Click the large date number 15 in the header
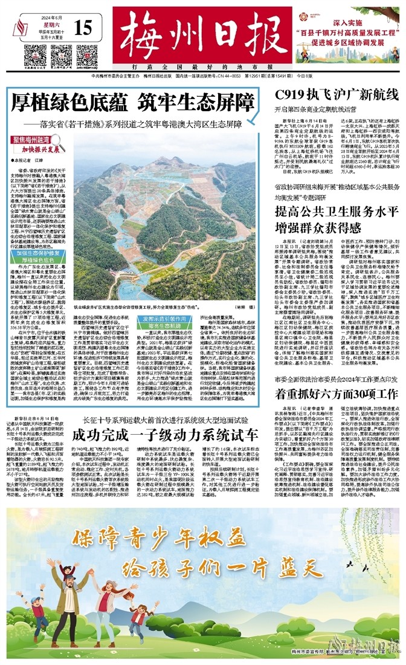tap(85, 27)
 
